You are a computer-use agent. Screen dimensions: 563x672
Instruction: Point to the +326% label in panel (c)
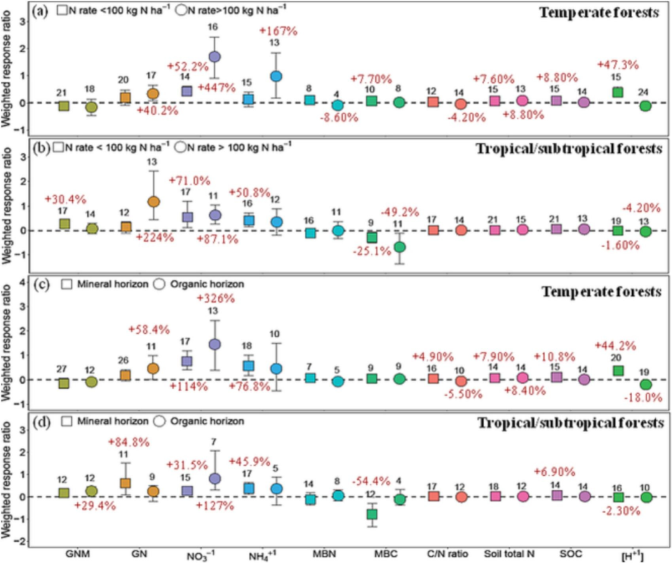215,298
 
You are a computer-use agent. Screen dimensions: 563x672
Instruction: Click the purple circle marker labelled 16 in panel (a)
215,57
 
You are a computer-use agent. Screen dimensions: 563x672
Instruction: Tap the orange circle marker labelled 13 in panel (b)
154,202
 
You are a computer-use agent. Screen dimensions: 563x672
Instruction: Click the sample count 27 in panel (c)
63,369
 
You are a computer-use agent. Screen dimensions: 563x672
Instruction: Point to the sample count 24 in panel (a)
645,93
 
